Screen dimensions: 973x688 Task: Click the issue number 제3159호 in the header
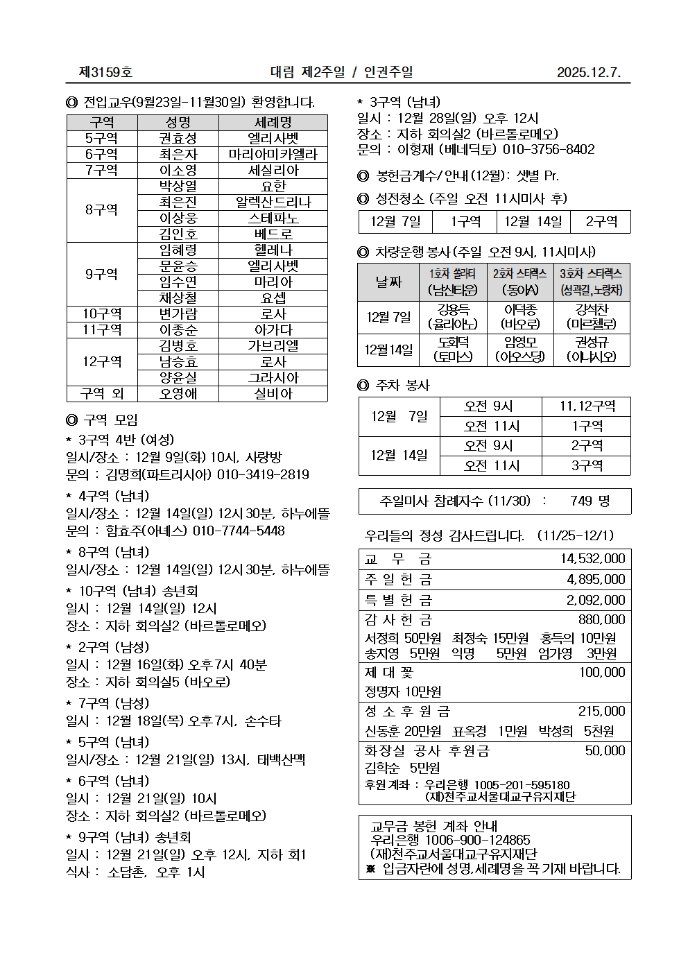(x=105, y=72)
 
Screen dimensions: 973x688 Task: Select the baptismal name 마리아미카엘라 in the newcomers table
(x=273, y=155)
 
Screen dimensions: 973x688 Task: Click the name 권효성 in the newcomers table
(x=178, y=139)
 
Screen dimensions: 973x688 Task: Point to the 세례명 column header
(x=273, y=123)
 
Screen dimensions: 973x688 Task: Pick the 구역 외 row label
(x=102, y=394)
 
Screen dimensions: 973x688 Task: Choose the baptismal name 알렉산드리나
(x=273, y=203)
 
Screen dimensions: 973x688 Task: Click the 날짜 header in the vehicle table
(x=388, y=282)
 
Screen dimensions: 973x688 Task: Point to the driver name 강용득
(x=453, y=309)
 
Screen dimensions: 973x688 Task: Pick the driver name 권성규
(x=591, y=342)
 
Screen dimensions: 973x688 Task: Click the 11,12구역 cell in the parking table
(x=587, y=406)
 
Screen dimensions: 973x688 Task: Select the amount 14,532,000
(x=592, y=559)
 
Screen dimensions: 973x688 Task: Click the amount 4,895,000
(x=596, y=580)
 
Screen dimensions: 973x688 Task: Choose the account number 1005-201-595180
(x=522, y=785)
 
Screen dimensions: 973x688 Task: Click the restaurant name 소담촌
(x=127, y=872)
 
